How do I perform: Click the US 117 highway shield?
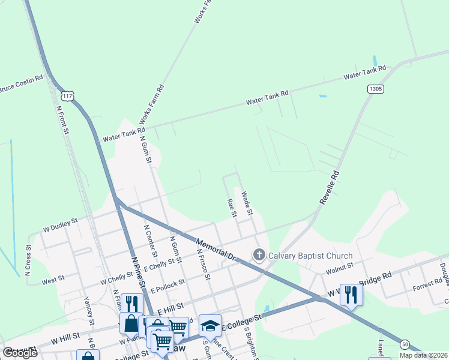68,96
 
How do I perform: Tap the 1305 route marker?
376,89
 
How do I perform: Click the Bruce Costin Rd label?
22,84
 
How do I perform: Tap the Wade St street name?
247,203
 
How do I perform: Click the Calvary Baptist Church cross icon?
259,256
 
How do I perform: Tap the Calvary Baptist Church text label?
310,256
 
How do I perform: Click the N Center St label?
151,242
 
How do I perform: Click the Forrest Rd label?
427,286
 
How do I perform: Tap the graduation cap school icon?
210,325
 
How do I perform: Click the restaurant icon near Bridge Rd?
351,294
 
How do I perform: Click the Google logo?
20,352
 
